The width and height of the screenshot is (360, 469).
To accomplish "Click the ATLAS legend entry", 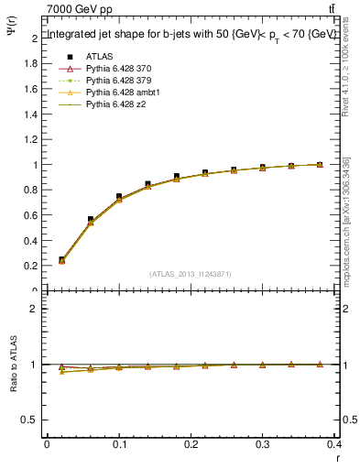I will tap(98, 56).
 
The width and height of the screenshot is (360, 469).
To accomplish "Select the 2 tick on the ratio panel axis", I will tap(35, 309).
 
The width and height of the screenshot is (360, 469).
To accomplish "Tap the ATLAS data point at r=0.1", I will tap(119, 196).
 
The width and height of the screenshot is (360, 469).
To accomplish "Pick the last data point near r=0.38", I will tap(320, 165).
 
